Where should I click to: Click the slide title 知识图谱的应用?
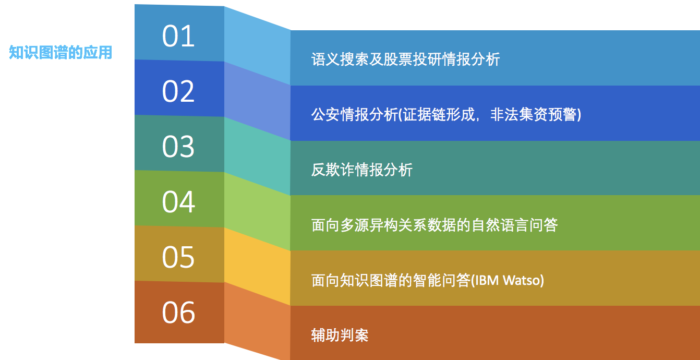(61, 52)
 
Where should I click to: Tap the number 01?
(178, 36)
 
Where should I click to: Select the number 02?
(178, 91)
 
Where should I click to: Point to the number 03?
(178, 147)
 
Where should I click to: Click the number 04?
(178, 202)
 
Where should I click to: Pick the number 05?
(178, 257)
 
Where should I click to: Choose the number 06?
(178, 313)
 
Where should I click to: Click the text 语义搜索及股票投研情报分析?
(405, 59)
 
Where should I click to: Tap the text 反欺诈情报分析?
(361, 170)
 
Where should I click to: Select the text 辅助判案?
(340, 335)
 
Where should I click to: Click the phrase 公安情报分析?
(354, 114)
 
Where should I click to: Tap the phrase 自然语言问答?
(514, 225)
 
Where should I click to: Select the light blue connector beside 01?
(257, 45)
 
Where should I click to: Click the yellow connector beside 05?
(257, 266)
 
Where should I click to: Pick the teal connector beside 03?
(257, 156)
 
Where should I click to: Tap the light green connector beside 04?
(257, 211)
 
